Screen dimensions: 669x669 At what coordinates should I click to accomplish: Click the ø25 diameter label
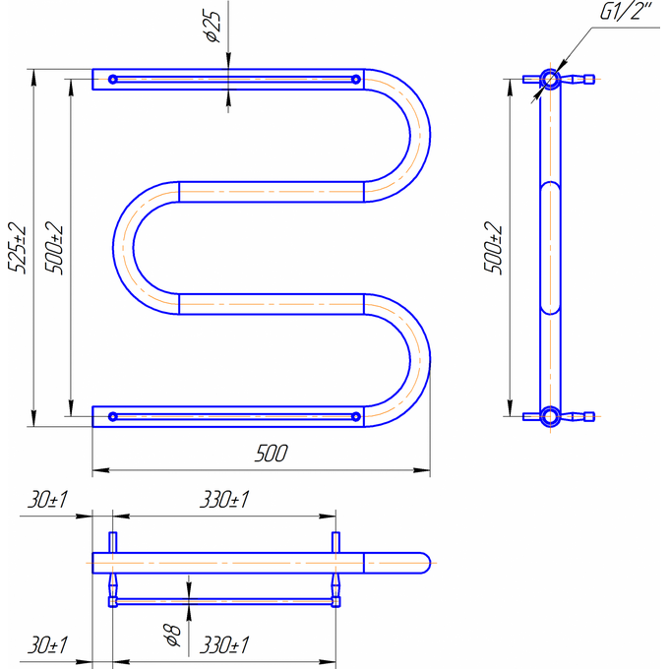click(x=213, y=27)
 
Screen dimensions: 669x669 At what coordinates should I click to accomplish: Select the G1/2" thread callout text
click(x=626, y=11)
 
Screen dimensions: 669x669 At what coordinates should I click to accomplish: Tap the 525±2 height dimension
click(x=17, y=248)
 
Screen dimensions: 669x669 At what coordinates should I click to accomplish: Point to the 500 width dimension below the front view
click(x=272, y=454)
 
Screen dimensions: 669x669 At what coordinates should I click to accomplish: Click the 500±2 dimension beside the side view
click(x=494, y=248)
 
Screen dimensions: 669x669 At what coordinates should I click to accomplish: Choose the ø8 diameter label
click(x=173, y=635)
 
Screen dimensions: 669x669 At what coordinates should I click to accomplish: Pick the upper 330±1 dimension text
click(x=224, y=500)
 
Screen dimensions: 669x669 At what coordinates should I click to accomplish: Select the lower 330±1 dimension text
click(x=224, y=645)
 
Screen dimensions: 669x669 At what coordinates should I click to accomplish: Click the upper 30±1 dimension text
click(x=48, y=500)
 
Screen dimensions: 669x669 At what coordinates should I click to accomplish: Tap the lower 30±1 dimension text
click(x=48, y=645)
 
